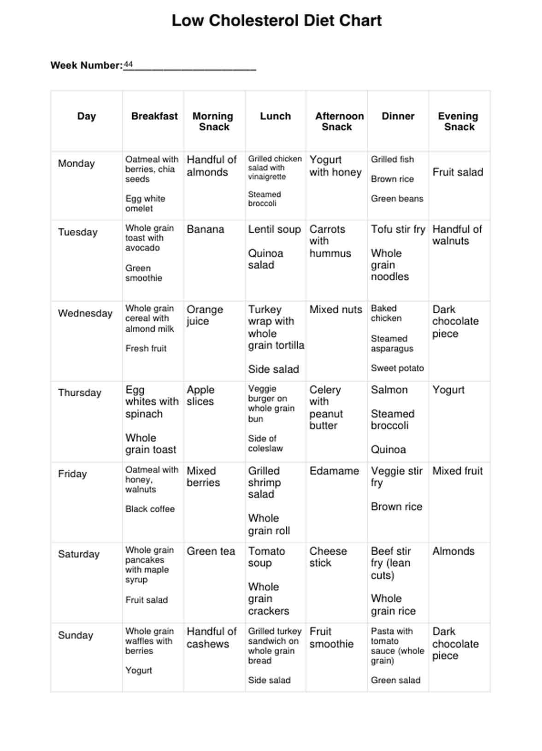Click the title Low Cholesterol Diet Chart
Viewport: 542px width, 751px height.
(277, 21)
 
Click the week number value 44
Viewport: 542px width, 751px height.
(128, 65)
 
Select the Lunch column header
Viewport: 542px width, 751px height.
(275, 116)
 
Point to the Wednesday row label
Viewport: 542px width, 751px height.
(85, 313)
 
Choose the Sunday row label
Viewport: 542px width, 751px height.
(76, 635)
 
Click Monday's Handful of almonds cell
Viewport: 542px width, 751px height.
(211, 166)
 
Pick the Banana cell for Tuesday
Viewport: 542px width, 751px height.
(205, 229)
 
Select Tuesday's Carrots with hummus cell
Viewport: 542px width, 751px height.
(330, 241)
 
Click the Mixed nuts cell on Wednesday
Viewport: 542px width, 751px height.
(336, 310)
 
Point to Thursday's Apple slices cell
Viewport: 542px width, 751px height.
(200, 395)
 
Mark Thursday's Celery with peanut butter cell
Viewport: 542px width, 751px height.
(326, 407)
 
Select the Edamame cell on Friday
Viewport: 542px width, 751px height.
(334, 471)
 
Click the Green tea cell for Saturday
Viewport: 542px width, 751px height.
(211, 551)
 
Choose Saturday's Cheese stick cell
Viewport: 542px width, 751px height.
(328, 557)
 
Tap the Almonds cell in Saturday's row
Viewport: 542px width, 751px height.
(453, 551)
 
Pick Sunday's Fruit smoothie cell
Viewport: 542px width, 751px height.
(331, 638)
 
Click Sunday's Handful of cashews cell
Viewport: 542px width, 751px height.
(211, 638)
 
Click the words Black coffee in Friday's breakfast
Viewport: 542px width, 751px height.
(150, 509)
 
